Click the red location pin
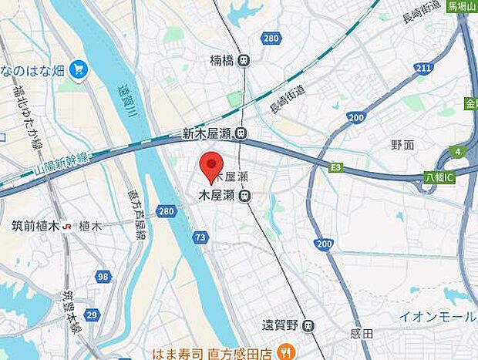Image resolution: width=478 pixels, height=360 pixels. tap(211, 166)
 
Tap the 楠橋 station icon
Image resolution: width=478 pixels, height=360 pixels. tap(244, 60)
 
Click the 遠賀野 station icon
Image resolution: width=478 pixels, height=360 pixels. tap(309, 326)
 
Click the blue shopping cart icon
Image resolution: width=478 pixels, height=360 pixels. tap(78, 71)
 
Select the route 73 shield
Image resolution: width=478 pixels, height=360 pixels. tap(200, 238)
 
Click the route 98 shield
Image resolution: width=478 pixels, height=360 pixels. tap(103, 277)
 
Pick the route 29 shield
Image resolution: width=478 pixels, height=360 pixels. tap(92, 315)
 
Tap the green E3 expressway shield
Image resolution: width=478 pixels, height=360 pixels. tap(335, 166)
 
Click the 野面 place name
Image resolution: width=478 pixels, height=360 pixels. tap(402, 144)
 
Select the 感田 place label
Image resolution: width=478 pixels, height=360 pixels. tap(362, 333)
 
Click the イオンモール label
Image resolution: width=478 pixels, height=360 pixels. tap(437, 316)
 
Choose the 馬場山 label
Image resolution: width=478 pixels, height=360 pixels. tap(462, 6)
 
